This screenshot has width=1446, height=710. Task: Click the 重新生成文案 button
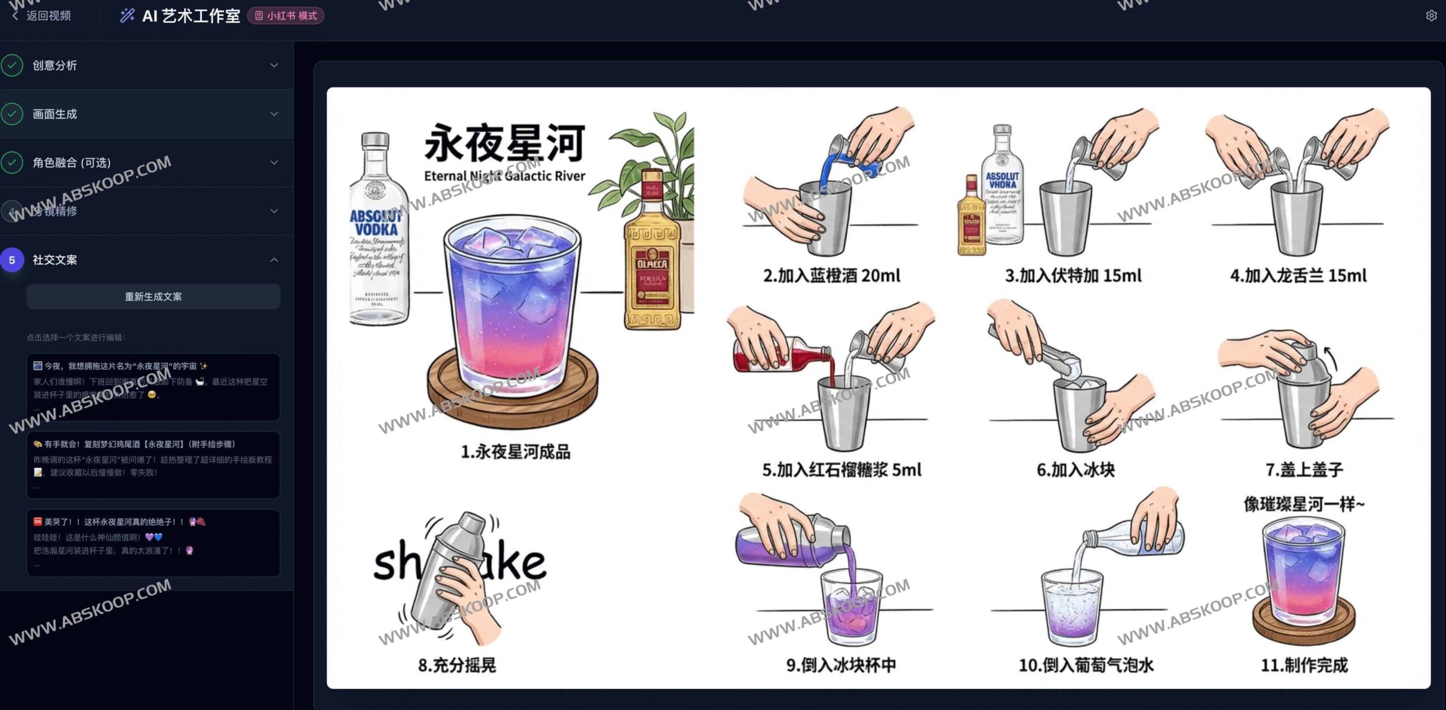coord(153,297)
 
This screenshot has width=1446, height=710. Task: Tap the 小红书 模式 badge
coord(286,16)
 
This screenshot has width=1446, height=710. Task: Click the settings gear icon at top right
coord(1431,16)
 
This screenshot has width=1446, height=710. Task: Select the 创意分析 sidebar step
coord(55,66)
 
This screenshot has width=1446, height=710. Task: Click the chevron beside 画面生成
coord(274,114)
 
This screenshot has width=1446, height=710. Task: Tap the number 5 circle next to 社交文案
coord(12,260)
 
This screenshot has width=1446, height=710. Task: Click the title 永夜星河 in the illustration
coord(504,143)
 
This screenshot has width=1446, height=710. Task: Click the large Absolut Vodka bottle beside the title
coord(377,232)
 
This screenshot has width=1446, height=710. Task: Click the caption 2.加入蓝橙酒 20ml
coord(831,276)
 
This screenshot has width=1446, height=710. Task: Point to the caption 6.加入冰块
coord(1075,470)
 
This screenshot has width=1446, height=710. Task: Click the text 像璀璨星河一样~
coord(1304,504)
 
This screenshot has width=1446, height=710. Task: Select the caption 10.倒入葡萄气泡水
coord(1086,665)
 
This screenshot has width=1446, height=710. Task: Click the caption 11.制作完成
coord(1304,665)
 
